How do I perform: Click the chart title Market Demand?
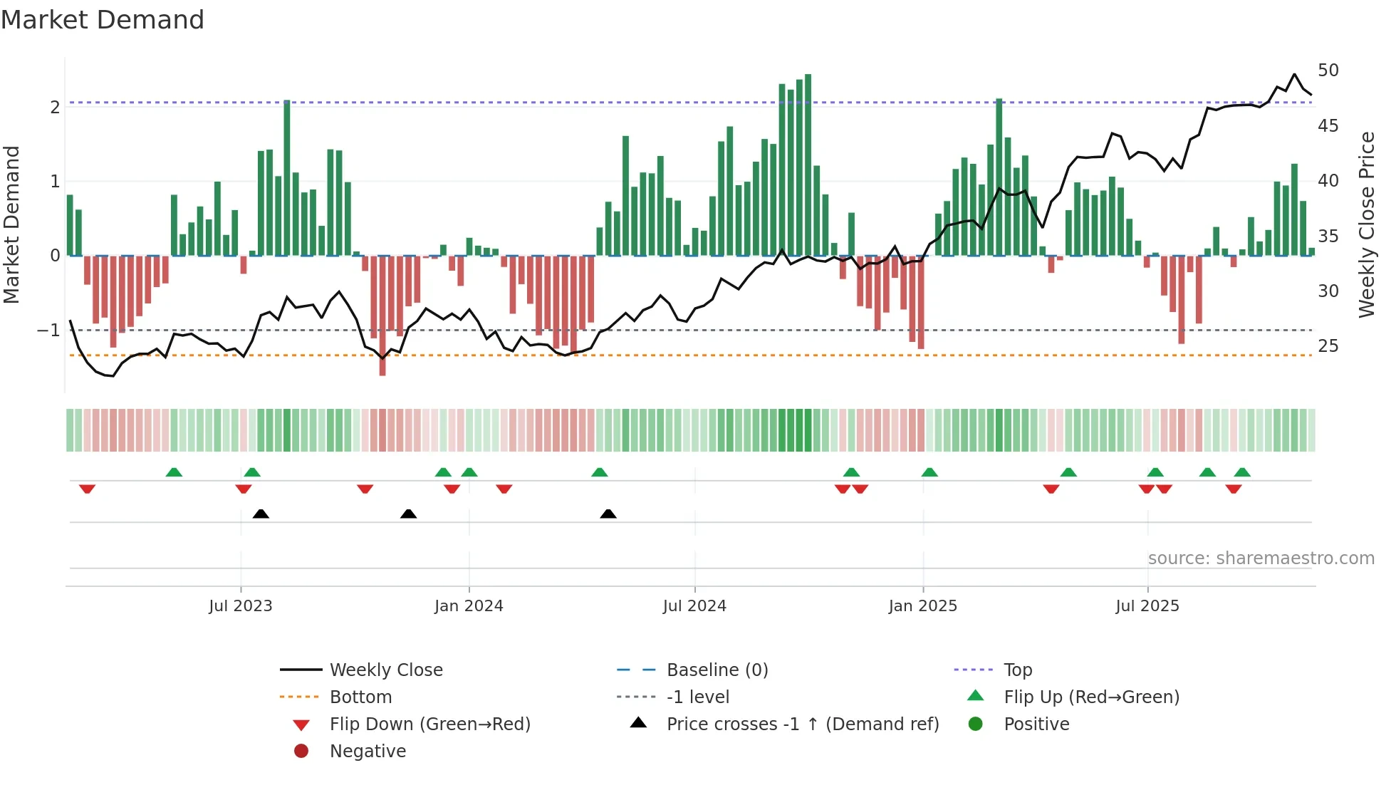103,20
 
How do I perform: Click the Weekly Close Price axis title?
1366,224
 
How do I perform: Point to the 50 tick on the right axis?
1328,71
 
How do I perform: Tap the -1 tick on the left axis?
48,331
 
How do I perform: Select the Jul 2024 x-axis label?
694,606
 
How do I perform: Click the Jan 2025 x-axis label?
922,606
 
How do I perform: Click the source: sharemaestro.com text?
1261,558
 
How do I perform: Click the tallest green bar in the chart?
808,164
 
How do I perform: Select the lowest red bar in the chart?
382,315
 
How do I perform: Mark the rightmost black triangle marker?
608,514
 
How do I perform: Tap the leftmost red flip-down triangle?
88,489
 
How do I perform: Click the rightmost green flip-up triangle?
1242,472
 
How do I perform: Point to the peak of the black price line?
1295,74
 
